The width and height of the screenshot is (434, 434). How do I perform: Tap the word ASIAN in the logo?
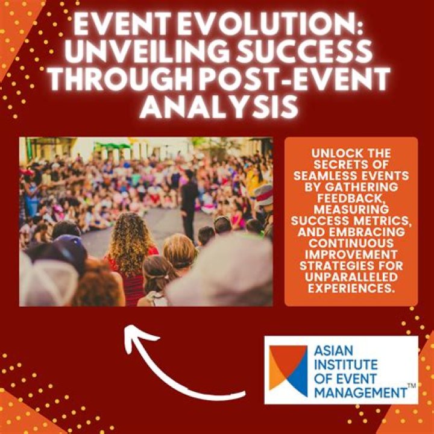point(333,351)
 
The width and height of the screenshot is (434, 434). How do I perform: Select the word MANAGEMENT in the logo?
point(360,393)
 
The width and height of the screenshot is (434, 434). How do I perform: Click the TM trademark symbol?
point(412,386)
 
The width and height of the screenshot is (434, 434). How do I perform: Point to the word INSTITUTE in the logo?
point(346,365)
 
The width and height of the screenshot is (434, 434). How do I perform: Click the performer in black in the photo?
point(189,205)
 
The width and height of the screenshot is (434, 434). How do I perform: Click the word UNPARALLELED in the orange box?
point(351,277)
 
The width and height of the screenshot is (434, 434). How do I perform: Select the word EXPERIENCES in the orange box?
point(351,288)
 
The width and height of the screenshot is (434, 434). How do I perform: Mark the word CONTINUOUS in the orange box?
point(351,244)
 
